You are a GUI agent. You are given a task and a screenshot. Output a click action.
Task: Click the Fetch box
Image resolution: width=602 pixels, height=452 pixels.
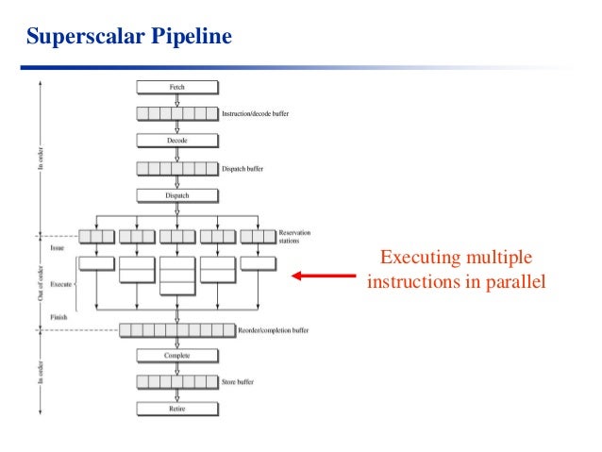pyautogui.click(x=177, y=87)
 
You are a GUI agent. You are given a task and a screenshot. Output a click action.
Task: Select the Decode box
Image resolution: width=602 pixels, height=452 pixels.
pyautogui.click(x=177, y=141)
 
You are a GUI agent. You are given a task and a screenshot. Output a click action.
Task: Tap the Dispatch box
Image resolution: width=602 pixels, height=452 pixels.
pyautogui.click(x=177, y=195)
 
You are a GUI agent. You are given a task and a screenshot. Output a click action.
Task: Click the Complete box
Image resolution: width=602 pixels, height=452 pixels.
pyautogui.click(x=177, y=356)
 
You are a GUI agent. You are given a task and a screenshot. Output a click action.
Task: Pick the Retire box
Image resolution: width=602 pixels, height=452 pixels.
pyautogui.click(x=177, y=409)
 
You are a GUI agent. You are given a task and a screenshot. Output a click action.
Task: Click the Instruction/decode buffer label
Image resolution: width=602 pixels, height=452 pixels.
pyautogui.click(x=256, y=113)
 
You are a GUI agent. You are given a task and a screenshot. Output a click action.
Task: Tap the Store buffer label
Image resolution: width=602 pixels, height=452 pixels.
pyautogui.click(x=241, y=382)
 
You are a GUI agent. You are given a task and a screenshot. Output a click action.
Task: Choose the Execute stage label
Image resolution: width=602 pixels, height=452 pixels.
pyautogui.click(x=60, y=282)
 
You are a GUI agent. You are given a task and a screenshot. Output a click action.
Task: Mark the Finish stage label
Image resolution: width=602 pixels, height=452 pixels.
pyautogui.click(x=59, y=318)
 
